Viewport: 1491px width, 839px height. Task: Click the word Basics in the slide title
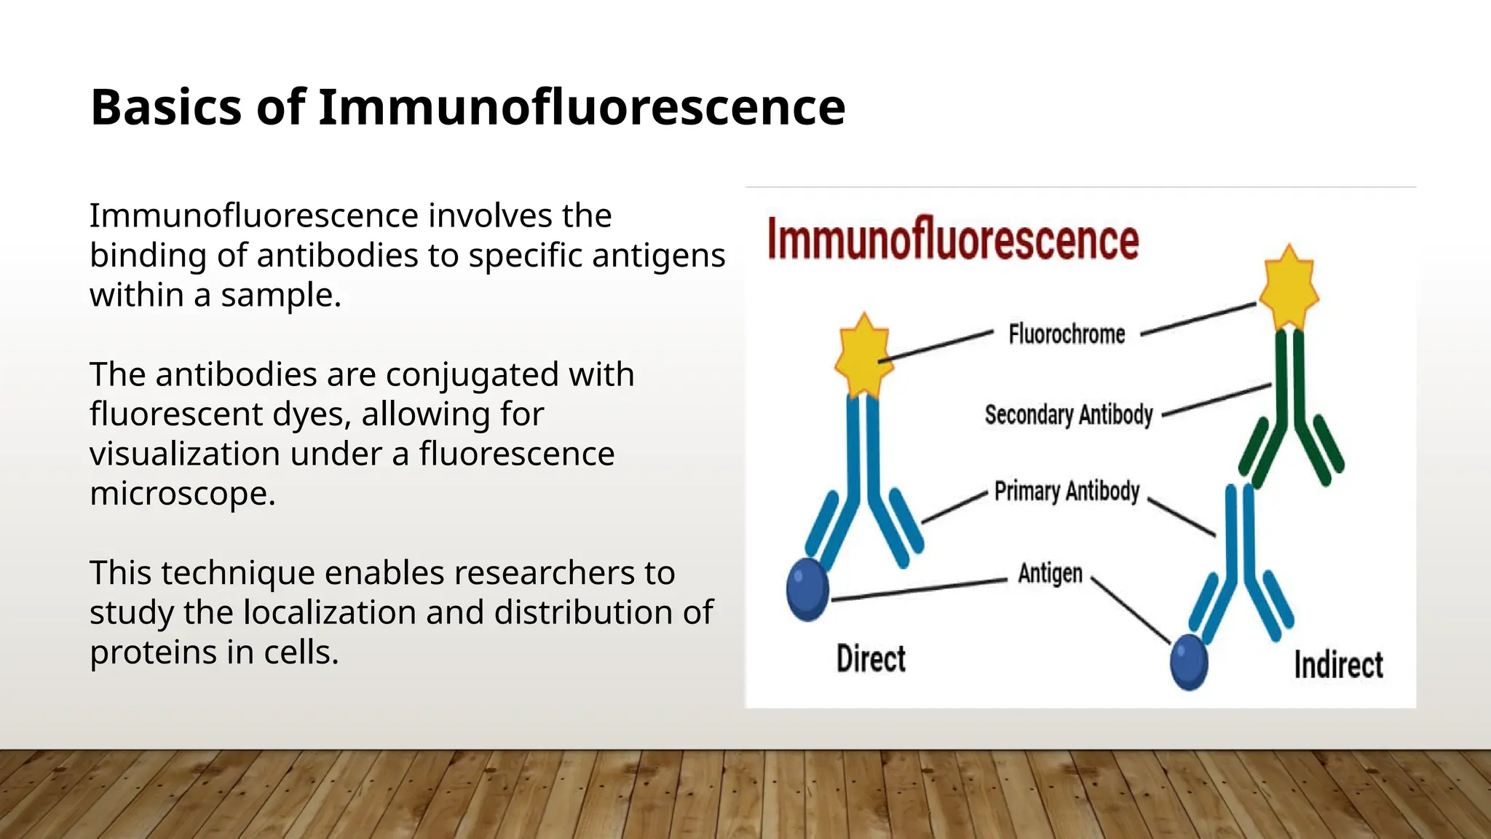pyautogui.click(x=166, y=108)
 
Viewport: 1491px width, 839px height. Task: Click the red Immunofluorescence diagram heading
pyautogui.click(x=952, y=240)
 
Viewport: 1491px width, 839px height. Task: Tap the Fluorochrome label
pyautogui.click(x=1067, y=334)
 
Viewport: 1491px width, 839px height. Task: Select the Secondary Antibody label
pyautogui.click(x=1068, y=414)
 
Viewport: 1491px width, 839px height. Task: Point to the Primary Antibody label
pyautogui.click(x=1067, y=492)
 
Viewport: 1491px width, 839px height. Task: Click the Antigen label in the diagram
pyautogui.click(x=1050, y=574)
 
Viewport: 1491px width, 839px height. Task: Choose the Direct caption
pyautogui.click(x=871, y=659)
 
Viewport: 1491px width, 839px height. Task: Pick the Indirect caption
pyautogui.click(x=1338, y=665)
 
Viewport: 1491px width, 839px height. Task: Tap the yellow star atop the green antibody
pyautogui.click(x=1289, y=288)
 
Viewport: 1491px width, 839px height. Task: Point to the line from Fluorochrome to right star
pyautogui.click(x=1198, y=319)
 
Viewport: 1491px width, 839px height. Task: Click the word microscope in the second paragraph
pyautogui.click(x=182, y=493)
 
